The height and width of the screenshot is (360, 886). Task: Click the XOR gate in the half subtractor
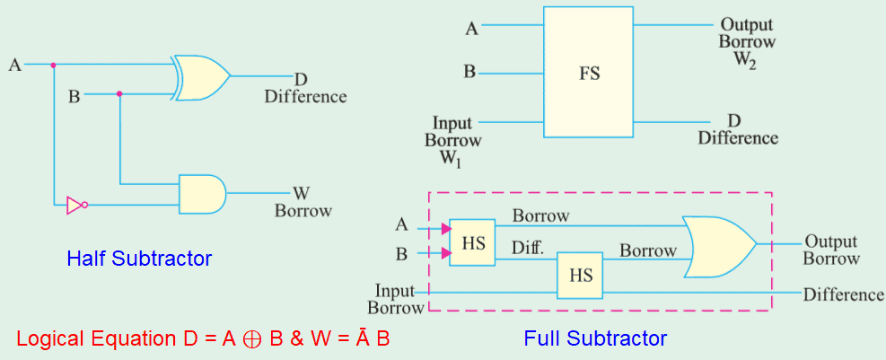pyautogui.click(x=202, y=77)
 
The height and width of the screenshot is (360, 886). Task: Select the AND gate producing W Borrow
pyautogui.click(x=202, y=193)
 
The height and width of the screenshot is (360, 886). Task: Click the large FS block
pyautogui.click(x=588, y=72)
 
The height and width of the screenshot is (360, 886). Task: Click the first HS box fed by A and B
pyautogui.click(x=472, y=242)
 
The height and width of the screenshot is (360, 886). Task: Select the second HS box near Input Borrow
pyautogui.click(x=580, y=276)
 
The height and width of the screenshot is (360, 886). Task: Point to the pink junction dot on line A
pyautogui.click(x=54, y=65)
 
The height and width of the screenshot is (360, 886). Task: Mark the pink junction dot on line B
pyautogui.click(x=119, y=92)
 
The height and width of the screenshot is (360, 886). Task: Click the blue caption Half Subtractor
pyautogui.click(x=139, y=259)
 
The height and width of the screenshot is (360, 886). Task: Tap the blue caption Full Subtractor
pyautogui.click(x=595, y=338)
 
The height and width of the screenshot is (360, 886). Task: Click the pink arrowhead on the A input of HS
pyautogui.click(x=445, y=229)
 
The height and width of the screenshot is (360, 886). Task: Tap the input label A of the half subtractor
pyautogui.click(x=14, y=65)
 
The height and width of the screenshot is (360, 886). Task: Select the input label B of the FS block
pyautogui.click(x=469, y=71)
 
